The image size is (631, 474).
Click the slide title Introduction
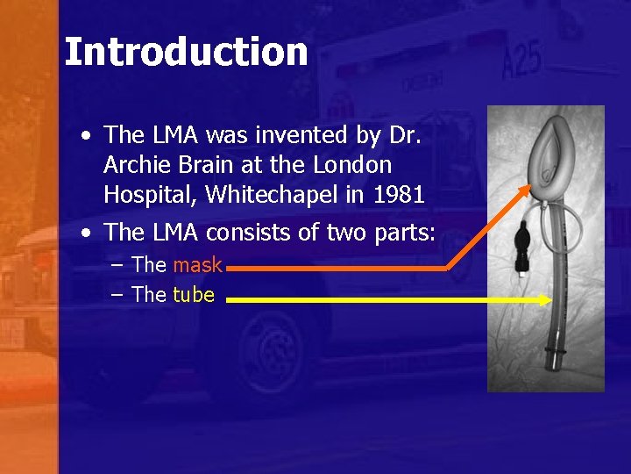pyautogui.click(x=186, y=52)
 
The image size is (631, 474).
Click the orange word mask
pyautogui.click(x=197, y=264)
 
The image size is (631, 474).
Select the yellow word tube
pyautogui.click(x=194, y=295)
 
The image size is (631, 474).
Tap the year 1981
pyautogui.click(x=399, y=194)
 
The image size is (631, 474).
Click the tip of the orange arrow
pyautogui.click(x=529, y=187)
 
